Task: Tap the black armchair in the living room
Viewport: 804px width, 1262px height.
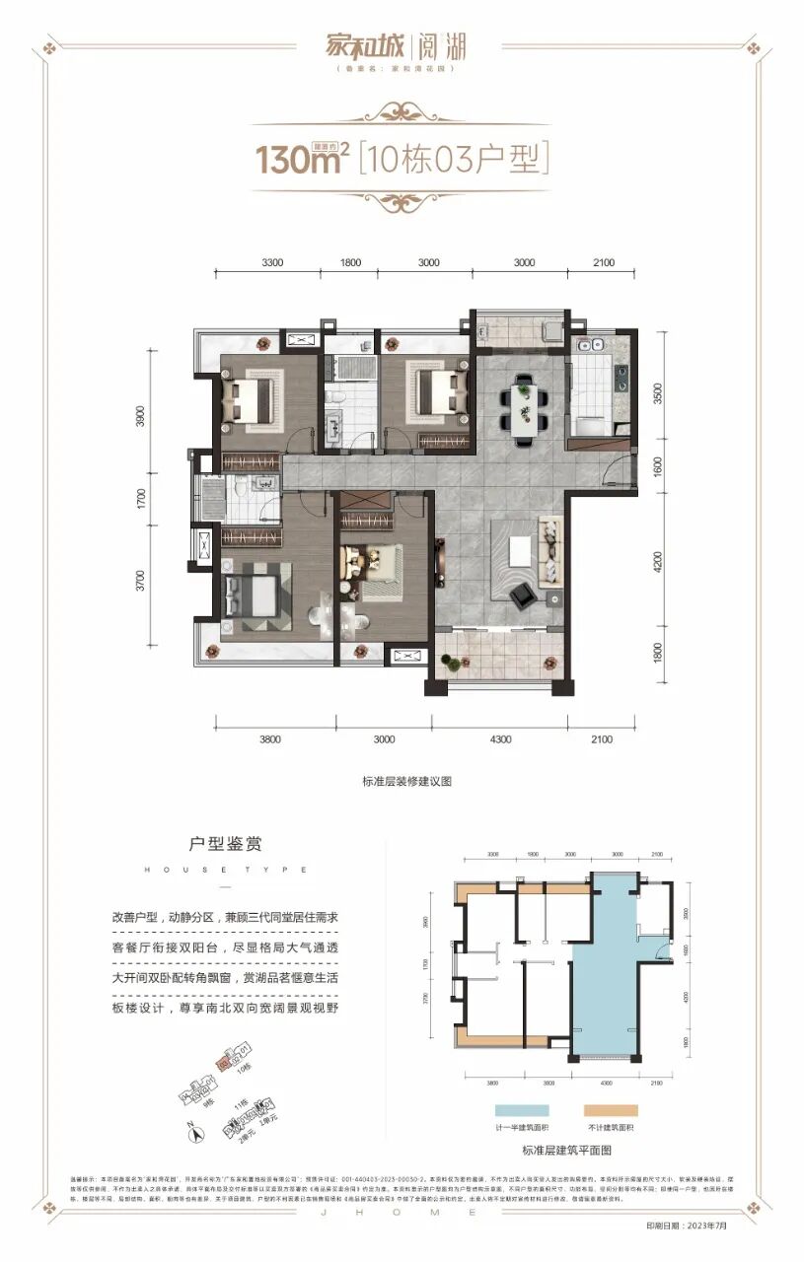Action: (522, 593)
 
